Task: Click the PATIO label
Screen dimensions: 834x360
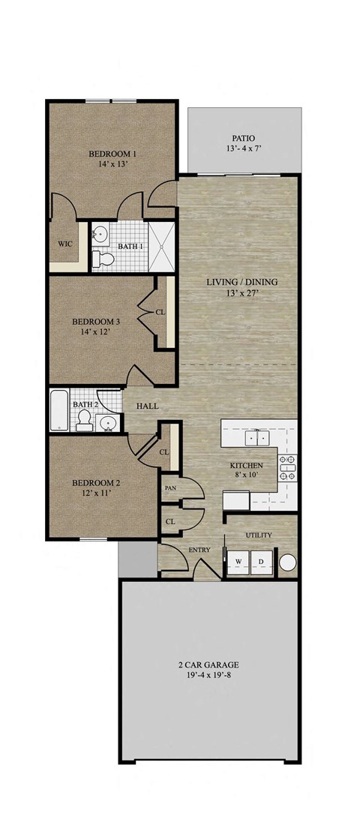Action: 244,138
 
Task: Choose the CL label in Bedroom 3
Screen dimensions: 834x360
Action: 160,312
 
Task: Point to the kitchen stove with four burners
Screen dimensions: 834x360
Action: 287,468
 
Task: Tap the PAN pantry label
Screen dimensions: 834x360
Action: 170,487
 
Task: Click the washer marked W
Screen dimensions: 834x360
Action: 238,562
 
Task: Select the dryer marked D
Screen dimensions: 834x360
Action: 262,562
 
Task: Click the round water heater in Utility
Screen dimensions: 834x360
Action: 287,562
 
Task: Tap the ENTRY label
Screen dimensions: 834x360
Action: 199,550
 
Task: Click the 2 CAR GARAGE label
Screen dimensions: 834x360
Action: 208,665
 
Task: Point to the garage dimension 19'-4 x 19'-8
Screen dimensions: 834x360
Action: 208,676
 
